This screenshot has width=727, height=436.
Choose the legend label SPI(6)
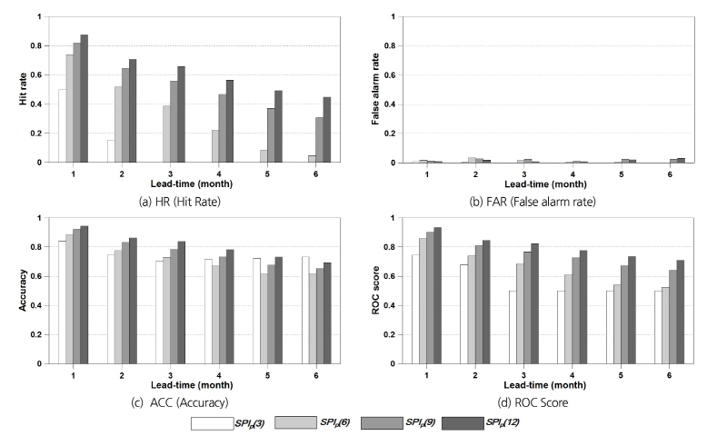click(x=336, y=421)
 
